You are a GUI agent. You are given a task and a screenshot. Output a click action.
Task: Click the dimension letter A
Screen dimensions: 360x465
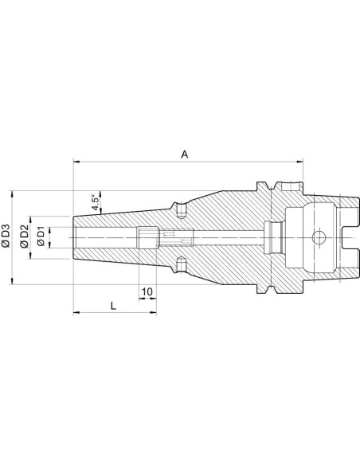[x=185, y=154]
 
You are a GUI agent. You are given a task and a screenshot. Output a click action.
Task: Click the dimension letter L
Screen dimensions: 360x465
[x=113, y=306]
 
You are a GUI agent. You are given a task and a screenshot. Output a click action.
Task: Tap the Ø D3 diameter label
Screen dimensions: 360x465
[x=6, y=236]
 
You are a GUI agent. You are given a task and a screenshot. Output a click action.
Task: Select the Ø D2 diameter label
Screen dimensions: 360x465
[x=25, y=236]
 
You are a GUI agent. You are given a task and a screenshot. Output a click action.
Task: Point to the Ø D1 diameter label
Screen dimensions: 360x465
[x=41, y=236]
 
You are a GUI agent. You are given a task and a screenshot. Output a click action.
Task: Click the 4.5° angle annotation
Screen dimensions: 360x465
[x=96, y=202]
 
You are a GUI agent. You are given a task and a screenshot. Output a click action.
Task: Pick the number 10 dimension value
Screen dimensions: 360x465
[x=147, y=291]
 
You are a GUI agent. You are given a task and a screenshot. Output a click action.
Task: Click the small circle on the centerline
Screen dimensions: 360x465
[x=319, y=237]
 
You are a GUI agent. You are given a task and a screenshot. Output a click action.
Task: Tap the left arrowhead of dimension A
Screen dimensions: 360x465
[x=76, y=162]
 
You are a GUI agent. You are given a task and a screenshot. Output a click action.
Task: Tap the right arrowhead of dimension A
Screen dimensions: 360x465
[x=299, y=162]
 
